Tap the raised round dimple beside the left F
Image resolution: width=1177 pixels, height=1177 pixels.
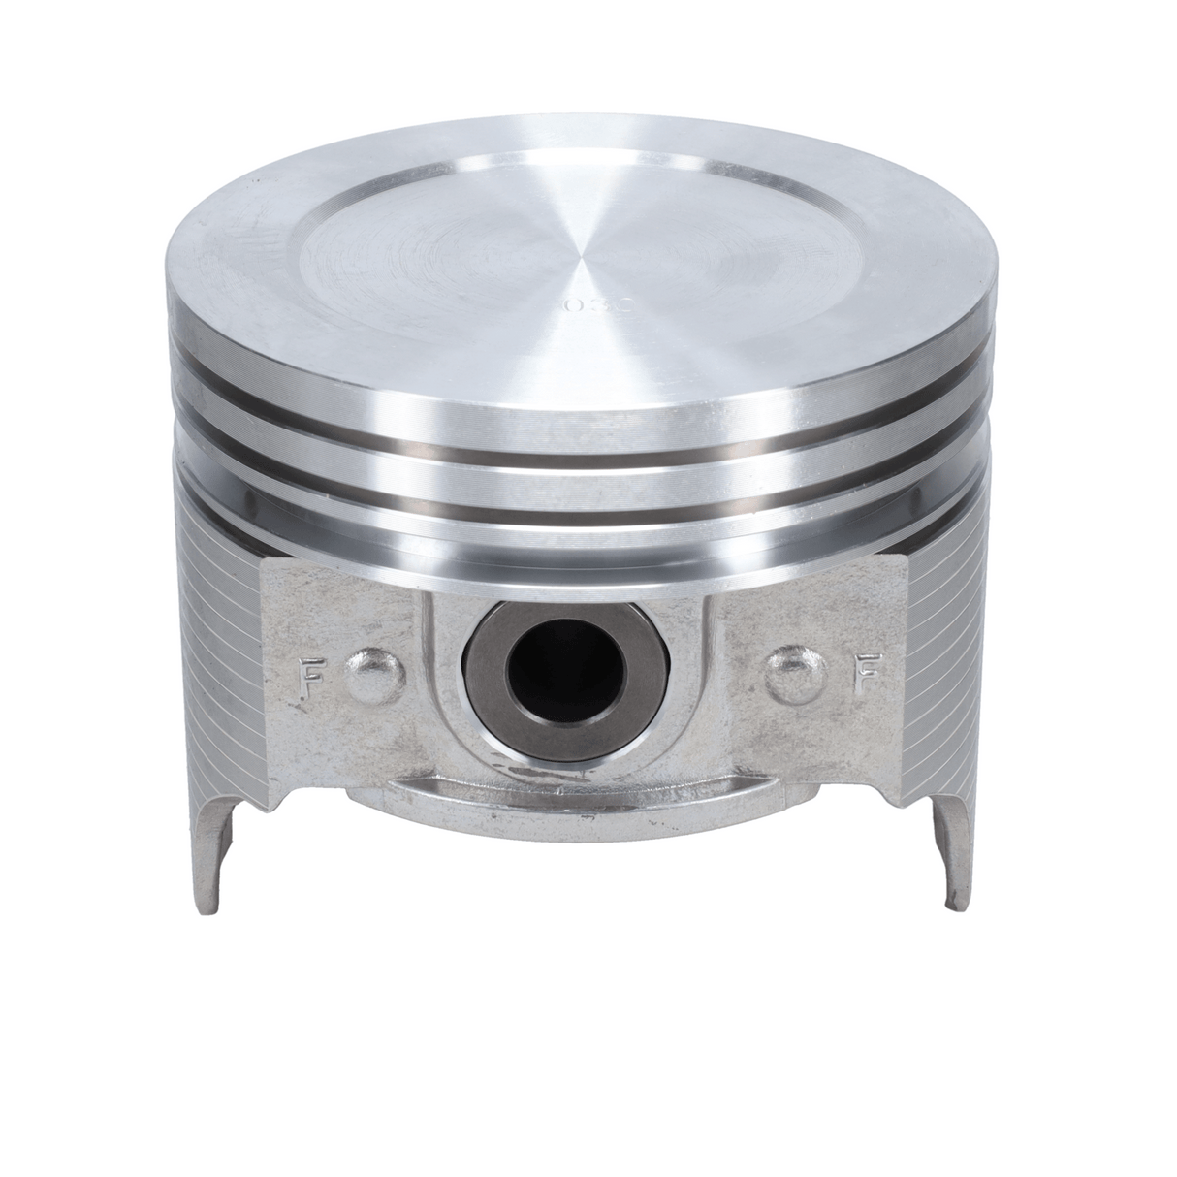click(x=374, y=676)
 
